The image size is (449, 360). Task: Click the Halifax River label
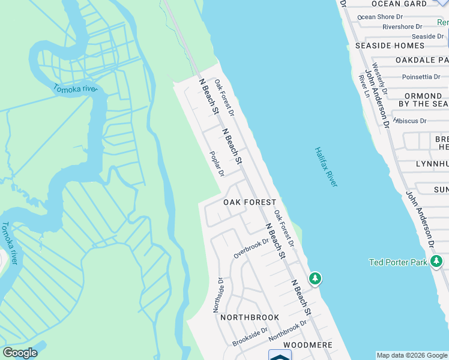point(326,167)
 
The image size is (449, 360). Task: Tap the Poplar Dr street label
point(216,163)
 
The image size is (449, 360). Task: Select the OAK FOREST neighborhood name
point(250,203)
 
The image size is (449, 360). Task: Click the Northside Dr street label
point(218,295)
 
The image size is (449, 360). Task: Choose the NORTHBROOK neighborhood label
point(250,317)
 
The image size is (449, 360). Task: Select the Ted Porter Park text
point(397,262)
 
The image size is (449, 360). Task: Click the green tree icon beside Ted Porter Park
point(437,262)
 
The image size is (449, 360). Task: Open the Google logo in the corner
point(20,353)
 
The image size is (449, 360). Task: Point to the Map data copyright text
point(412,355)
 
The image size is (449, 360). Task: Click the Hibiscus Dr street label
point(411,121)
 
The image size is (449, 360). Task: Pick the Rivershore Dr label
point(409,26)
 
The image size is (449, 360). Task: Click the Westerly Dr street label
point(379,78)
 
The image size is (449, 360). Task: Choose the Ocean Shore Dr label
point(384,17)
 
